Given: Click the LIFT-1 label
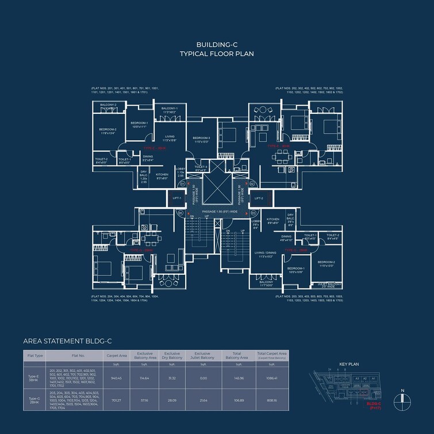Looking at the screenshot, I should (x=177, y=198).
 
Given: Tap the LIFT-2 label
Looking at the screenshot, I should (x=259, y=198).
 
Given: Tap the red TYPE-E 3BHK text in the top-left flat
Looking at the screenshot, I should (x=154, y=148).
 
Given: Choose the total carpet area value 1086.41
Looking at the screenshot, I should (x=272, y=378).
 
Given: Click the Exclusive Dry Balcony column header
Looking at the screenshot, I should (x=172, y=355).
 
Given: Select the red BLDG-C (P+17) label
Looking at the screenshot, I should (x=374, y=405).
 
